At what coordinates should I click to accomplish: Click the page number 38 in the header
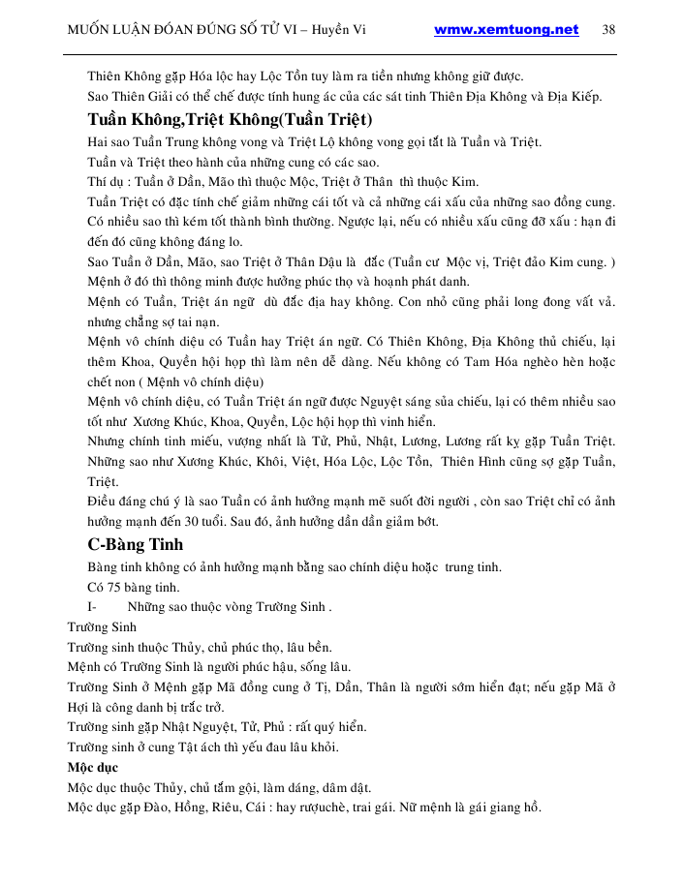pos(608,29)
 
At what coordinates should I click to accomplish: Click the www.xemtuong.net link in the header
pos(506,29)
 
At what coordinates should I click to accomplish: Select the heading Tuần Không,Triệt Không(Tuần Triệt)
pos(230,119)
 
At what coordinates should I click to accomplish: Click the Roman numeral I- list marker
pos(92,607)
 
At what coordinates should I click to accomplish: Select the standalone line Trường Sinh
pos(102,627)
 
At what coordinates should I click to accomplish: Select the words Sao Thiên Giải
pos(129,96)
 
